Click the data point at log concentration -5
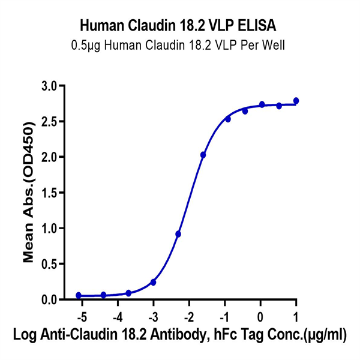[x=79, y=295]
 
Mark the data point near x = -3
[x=153, y=282]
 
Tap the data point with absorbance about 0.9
[x=178, y=234]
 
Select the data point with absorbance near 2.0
[x=203, y=155]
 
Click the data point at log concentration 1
[x=296, y=101]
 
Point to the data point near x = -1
[x=228, y=119]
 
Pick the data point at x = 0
[x=262, y=104]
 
